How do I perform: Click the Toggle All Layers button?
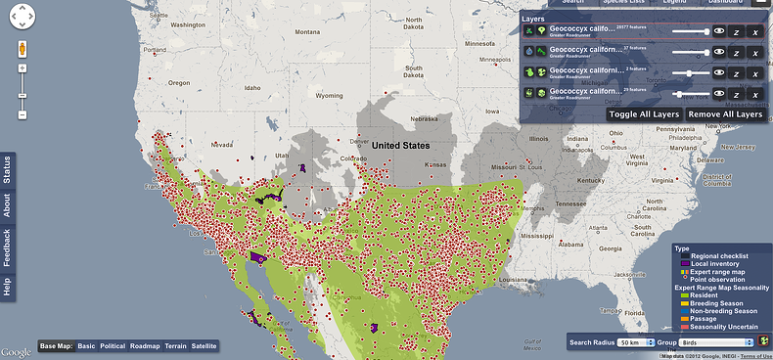(x=643, y=114)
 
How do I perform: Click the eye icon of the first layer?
(x=719, y=31)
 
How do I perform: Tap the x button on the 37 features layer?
(x=754, y=53)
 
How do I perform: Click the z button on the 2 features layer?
(x=736, y=73)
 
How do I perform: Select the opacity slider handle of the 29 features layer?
(x=679, y=94)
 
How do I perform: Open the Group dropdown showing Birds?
(x=717, y=342)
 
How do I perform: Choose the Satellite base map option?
(x=204, y=346)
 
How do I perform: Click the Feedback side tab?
(x=7, y=247)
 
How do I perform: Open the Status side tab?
(x=7, y=170)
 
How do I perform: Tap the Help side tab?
(x=7, y=287)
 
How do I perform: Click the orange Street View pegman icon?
(x=22, y=48)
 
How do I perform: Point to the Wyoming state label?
(x=329, y=96)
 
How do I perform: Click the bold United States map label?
(x=400, y=146)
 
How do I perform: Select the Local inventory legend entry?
(x=718, y=263)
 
